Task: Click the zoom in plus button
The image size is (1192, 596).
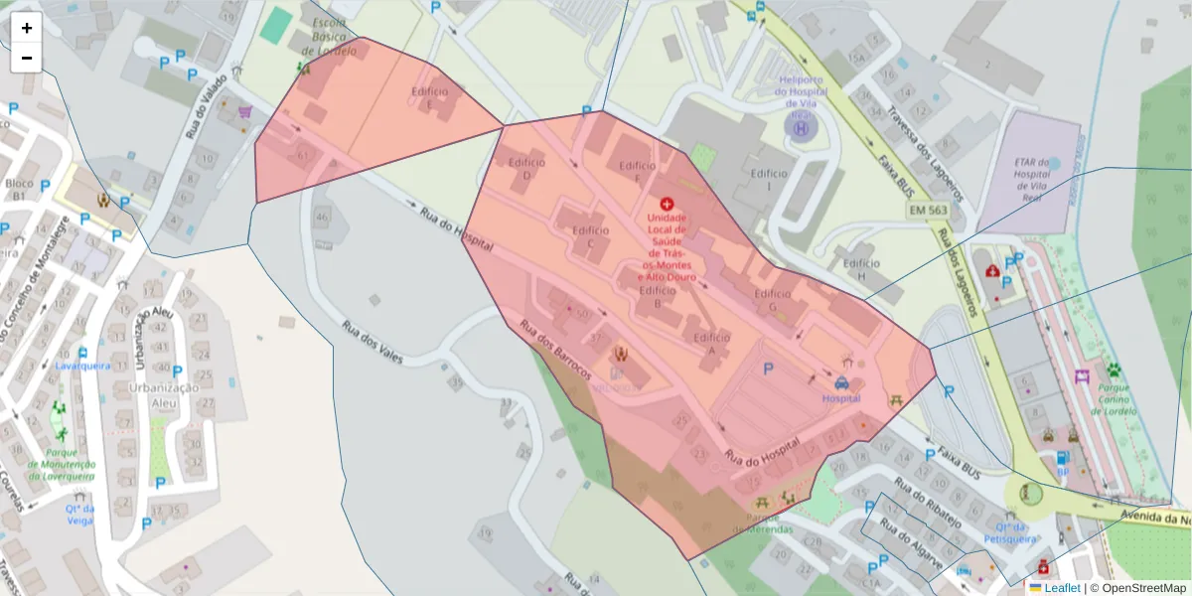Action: [x=27, y=28]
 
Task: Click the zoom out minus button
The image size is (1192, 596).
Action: [x=27, y=58]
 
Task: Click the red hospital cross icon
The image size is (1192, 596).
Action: [x=667, y=202]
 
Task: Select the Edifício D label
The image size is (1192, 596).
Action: [x=526, y=169]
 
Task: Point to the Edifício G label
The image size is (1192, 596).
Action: [x=772, y=300]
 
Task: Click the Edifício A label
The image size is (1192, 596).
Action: [x=713, y=345]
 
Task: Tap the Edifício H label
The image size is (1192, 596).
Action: [x=861, y=270]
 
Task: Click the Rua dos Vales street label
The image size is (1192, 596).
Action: [x=372, y=342]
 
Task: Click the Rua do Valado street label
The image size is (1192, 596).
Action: [x=206, y=104]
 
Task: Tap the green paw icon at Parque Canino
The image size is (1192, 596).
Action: [x=1114, y=371]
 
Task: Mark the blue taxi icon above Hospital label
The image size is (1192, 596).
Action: [x=841, y=382]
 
